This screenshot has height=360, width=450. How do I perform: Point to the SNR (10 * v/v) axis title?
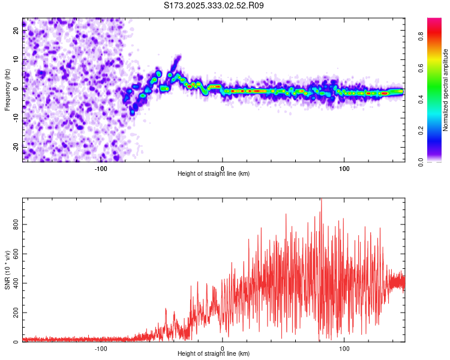pyautogui.click(x=8, y=270)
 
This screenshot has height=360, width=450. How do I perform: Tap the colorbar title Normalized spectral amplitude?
pyautogui.click(x=446, y=90)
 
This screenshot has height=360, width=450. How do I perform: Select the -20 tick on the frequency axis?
pyautogui.click(x=16, y=147)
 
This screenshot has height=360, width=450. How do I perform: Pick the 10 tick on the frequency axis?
pyautogui.click(x=16, y=59)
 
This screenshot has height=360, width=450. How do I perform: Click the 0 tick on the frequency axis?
pyautogui.click(x=16, y=88)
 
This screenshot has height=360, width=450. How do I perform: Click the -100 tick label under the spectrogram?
pyautogui.click(x=101, y=169)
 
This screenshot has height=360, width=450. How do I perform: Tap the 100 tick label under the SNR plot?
pyautogui.click(x=344, y=349)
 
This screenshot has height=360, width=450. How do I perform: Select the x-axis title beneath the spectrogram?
pyautogui.click(x=214, y=174)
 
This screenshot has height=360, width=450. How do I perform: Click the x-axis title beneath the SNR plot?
pyautogui.click(x=214, y=354)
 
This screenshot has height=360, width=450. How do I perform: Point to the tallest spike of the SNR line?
pyautogui.click(x=321, y=200)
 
